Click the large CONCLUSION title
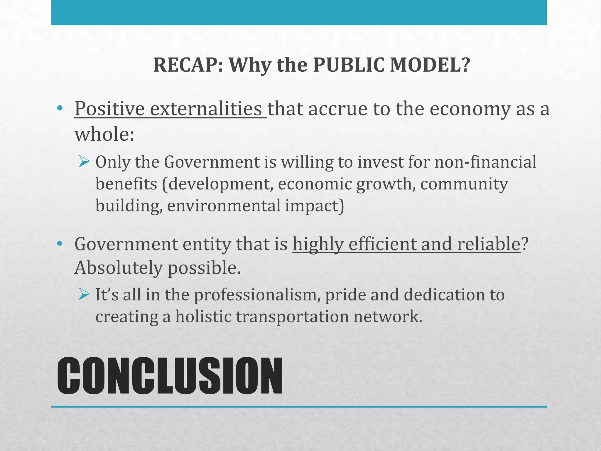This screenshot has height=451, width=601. point(170,376)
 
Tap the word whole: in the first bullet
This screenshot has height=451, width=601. point(104,134)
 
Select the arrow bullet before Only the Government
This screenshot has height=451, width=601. point(84,162)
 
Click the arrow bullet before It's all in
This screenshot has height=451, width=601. point(84,295)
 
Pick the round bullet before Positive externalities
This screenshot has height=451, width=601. point(60,108)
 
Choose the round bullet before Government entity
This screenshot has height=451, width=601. point(60,243)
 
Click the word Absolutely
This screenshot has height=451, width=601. point(119,268)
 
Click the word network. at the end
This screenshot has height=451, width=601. point(388,317)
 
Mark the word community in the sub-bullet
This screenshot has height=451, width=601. point(464,184)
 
